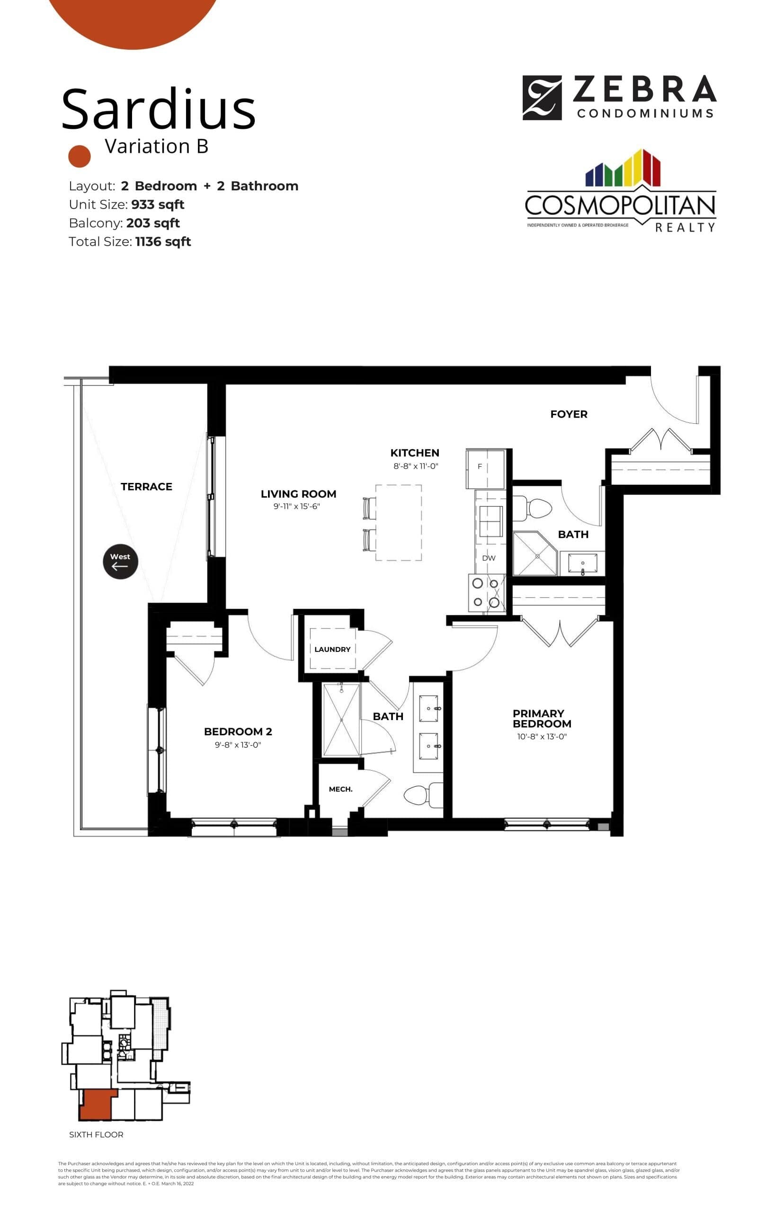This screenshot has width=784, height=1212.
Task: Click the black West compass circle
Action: (120, 561)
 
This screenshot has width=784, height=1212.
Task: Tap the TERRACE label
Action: (146, 487)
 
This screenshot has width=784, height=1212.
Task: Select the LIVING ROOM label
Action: (298, 494)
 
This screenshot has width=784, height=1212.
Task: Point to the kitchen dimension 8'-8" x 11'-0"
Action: (415, 466)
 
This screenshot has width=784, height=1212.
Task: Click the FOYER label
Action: (569, 414)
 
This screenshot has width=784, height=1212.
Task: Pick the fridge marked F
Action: (485, 468)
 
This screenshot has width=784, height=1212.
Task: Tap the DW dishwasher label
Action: (488, 558)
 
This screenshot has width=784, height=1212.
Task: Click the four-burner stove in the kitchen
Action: (486, 593)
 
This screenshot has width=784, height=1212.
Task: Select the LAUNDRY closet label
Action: (332, 649)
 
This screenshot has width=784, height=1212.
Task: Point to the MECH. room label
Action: (340, 789)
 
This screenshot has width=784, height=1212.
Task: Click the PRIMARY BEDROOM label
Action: (542, 718)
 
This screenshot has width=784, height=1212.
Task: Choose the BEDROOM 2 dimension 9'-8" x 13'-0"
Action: (238, 745)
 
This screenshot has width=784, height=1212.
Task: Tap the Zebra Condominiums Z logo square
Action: (542, 98)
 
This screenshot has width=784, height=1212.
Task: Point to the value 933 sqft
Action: (157, 205)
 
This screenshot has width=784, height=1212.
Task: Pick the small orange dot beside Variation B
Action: (80, 156)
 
